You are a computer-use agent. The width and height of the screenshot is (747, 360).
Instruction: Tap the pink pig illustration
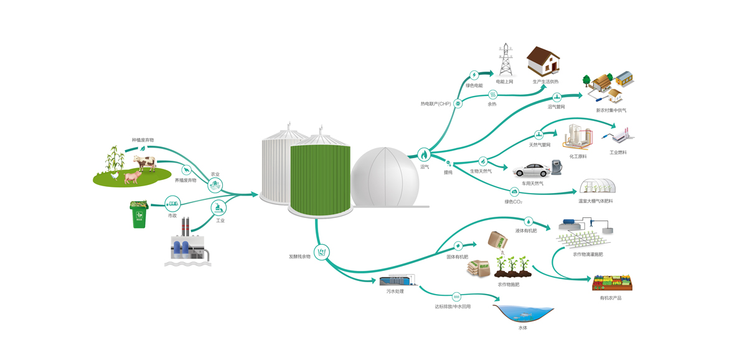pyautogui.click(x=133, y=176)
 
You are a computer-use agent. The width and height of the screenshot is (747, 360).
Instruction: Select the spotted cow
pyautogui.click(x=144, y=163)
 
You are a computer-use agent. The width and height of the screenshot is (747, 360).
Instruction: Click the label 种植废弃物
pyautogui.click(x=143, y=140)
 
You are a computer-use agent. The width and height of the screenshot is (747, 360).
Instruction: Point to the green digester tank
pyautogui.click(x=320, y=178)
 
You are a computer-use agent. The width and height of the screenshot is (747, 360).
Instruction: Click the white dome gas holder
pyautogui.click(x=385, y=178)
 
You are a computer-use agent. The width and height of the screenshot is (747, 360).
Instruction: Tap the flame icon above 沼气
pyautogui.click(x=424, y=154)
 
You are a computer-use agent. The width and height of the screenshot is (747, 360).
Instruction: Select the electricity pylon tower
pyautogui.click(x=505, y=60)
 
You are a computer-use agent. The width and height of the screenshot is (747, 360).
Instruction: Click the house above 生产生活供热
pyautogui.click(x=543, y=62)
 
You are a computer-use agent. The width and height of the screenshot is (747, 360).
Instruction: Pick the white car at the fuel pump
pyautogui.click(x=532, y=169)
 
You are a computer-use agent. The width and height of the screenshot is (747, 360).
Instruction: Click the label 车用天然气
pyautogui.click(x=533, y=184)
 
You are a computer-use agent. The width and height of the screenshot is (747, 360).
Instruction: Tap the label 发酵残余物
pyautogui.click(x=299, y=256)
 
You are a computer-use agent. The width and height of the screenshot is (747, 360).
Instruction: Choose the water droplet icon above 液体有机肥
pyautogui.click(x=528, y=220)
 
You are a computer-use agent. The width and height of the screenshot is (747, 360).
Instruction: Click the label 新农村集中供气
pyautogui.click(x=611, y=110)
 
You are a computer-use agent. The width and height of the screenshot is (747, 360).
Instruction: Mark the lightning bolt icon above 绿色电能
pyautogui.click(x=474, y=75)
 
